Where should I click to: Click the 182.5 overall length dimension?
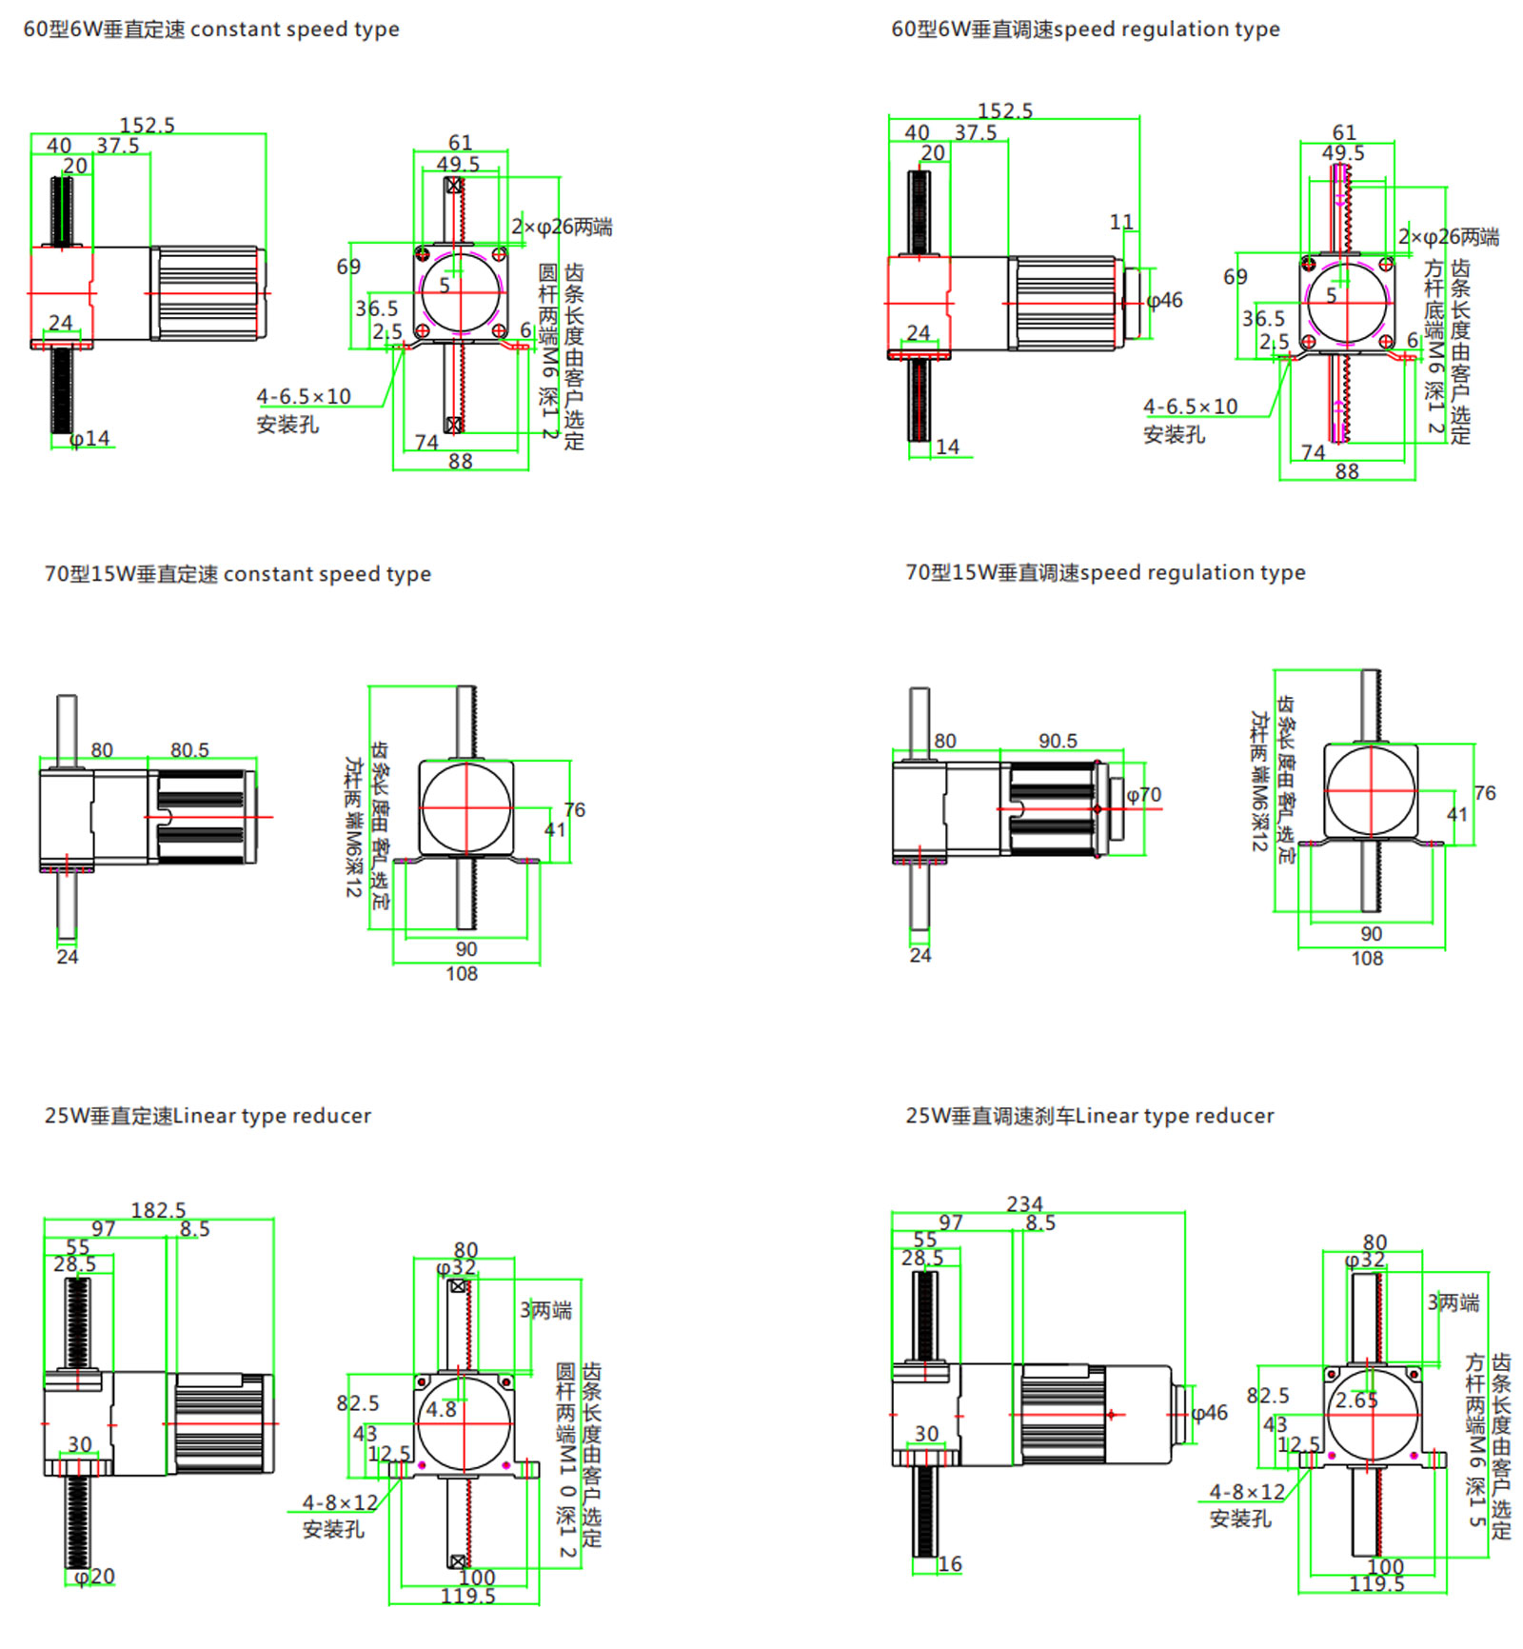158,1209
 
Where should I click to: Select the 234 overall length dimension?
1024,1203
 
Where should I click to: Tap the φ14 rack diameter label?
90,439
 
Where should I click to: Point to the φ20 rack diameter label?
94,1576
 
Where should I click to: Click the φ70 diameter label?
1143,794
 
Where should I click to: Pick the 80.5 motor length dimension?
189,750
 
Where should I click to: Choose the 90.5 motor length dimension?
1058,741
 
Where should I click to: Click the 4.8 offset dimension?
441,1409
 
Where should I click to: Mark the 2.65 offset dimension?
1356,1400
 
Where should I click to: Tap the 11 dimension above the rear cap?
1121,222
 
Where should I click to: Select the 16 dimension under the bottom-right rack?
950,1563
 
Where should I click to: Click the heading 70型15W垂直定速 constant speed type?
237,574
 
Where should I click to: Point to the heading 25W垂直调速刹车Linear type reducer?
1089,1115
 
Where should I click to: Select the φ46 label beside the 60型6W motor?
1164,301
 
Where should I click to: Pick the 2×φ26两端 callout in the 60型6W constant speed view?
562,227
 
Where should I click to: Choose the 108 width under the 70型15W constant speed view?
462,973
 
